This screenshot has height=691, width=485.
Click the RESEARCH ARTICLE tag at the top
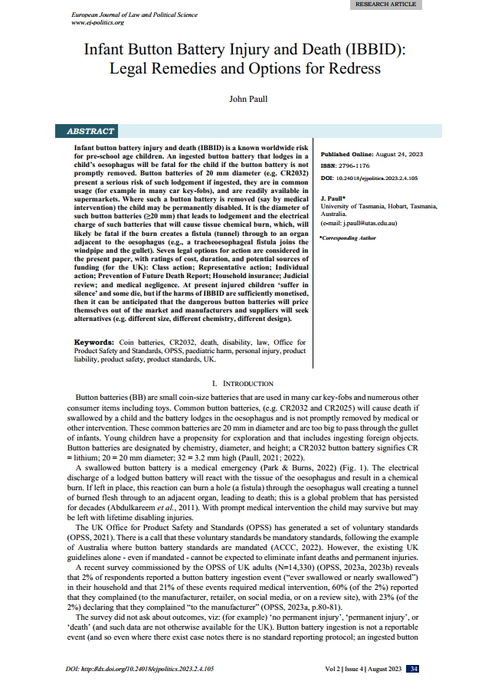coord(386,5)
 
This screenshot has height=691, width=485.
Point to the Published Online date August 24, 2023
coord(403,153)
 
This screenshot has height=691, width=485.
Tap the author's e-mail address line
coord(369,223)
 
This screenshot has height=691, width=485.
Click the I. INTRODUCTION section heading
coord(241,383)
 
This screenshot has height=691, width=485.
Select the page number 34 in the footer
coord(413,669)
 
